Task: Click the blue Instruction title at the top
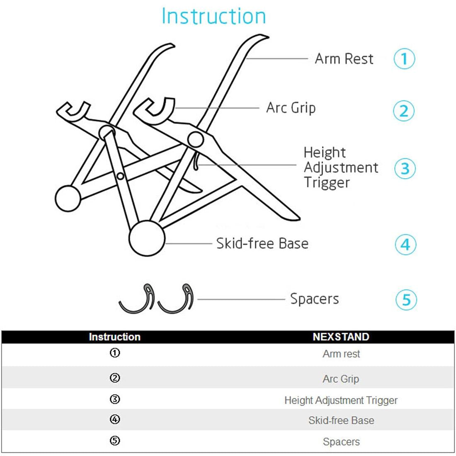(213, 17)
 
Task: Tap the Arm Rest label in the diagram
(344, 59)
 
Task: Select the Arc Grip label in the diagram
(291, 108)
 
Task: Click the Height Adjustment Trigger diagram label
(340, 167)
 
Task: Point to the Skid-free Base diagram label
(262, 243)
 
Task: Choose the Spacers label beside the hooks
(314, 299)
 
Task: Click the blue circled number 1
(404, 59)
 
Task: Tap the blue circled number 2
(404, 111)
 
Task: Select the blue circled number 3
(405, 169)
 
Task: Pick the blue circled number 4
(405, 245)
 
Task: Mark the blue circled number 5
(406, 300)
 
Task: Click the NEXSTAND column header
(341, 337)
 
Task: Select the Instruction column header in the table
(114, 337)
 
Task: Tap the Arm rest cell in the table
(341, 354)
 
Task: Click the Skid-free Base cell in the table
(341, 421)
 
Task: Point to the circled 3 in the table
(115, 399)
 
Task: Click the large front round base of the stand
(147, 239)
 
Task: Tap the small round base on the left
(68, 199)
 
